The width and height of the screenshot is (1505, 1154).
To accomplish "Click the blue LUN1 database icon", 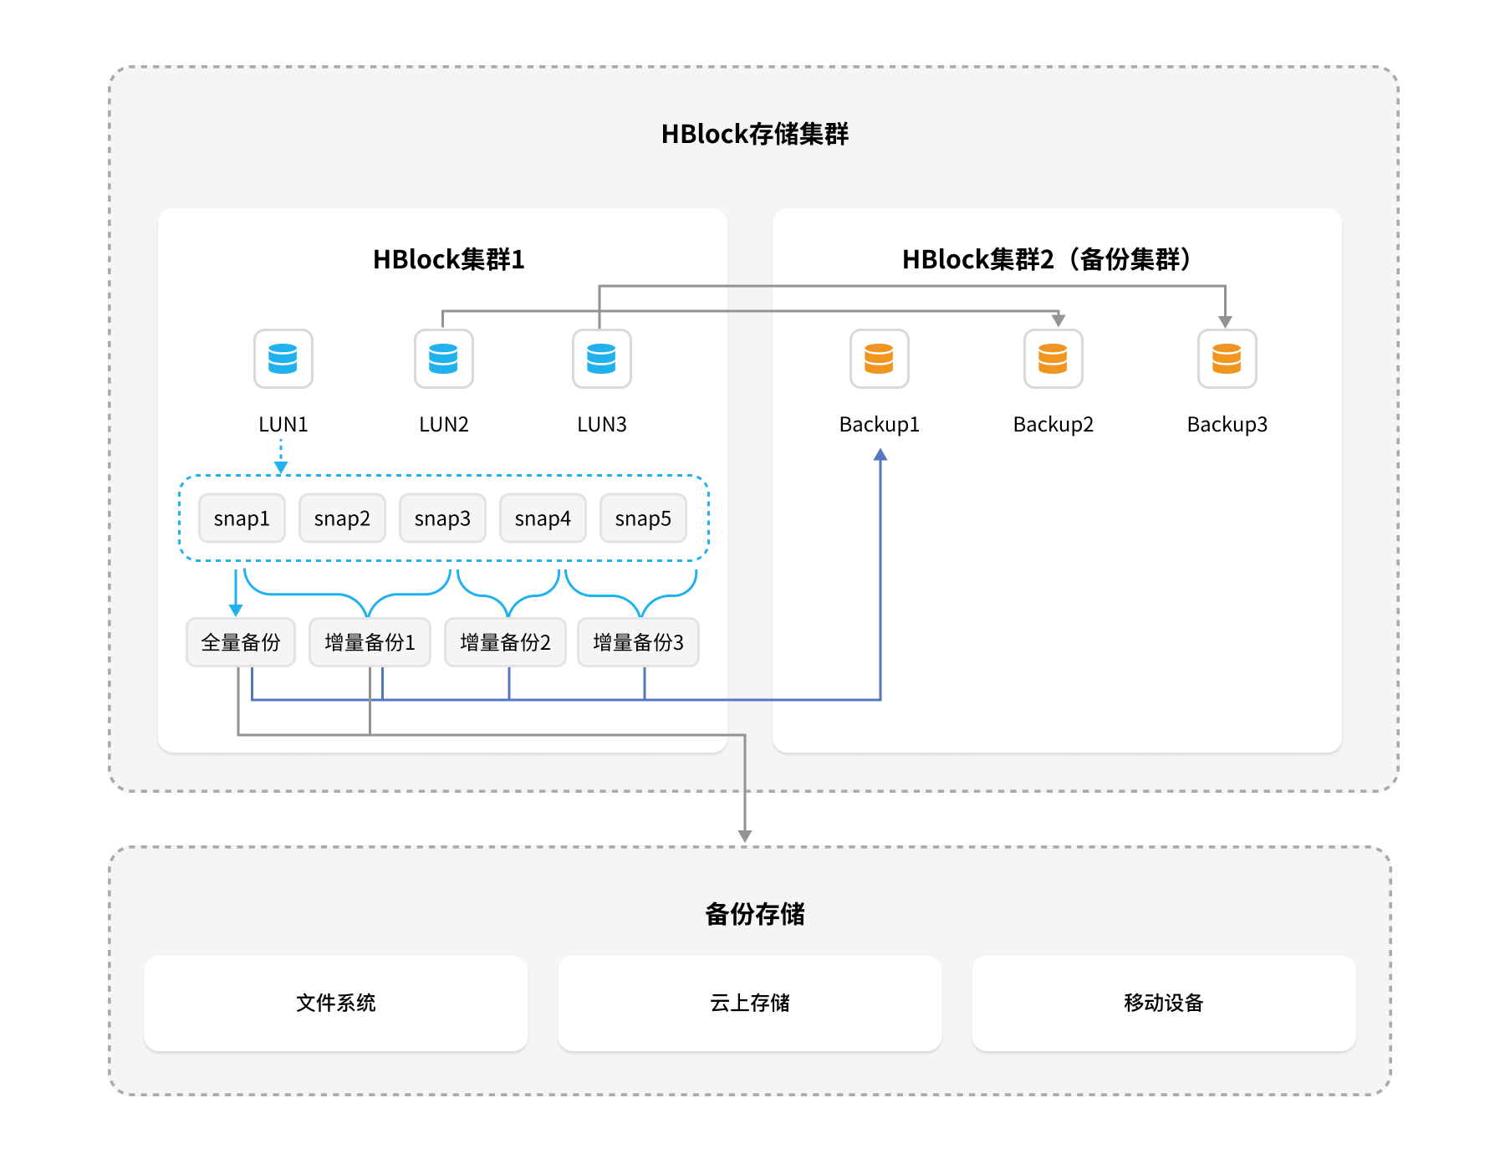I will tap(283, 359).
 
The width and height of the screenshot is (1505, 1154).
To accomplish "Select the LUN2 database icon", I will tap(443, 359).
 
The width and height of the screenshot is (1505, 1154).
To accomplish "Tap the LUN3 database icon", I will tap(601, 359).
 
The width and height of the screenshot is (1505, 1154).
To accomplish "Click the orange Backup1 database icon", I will tap(879, 359).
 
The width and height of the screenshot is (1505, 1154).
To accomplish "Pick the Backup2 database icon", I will tap(1053, 359).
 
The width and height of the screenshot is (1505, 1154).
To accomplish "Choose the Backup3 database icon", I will tap(1227, 359).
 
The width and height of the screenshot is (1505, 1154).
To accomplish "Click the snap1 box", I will tap(242, 518).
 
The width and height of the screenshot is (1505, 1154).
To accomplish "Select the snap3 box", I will tap(442, 518).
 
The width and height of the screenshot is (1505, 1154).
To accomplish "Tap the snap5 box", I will tap(643, 518).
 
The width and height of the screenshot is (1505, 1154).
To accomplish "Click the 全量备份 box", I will tap(241, 642).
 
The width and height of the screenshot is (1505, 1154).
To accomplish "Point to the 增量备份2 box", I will tap(505, 642).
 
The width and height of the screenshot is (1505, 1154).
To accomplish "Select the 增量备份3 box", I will tap(638, 642).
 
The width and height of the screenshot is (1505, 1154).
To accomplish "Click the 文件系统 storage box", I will tap(335, 1003).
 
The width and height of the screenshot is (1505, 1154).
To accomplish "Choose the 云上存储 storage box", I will tap(749, 1003).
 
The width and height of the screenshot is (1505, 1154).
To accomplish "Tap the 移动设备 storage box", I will tap(1163, 1003).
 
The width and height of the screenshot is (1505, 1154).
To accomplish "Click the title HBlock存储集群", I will tap(754, 134).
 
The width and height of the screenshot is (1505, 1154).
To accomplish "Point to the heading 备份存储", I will tap(754, 914).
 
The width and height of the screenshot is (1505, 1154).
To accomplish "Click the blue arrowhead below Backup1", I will tap(880, 455).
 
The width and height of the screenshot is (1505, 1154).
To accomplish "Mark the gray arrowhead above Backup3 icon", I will tap(1225, 322).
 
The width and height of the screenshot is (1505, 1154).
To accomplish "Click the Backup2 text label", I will tap(1053, 425).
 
